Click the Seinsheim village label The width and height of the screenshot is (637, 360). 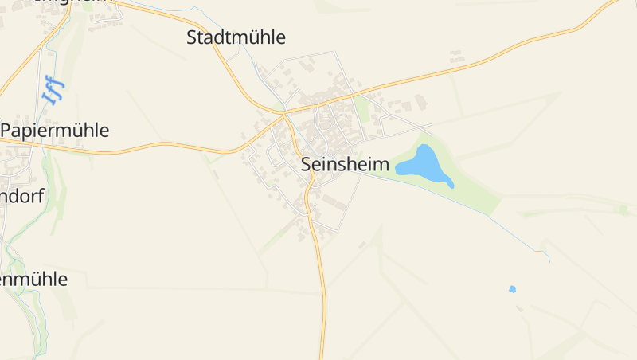[346, 165]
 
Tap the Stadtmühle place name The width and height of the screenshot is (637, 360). [236, 37]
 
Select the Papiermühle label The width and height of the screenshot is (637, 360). [55, 131]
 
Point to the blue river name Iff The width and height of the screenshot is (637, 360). [53, 90]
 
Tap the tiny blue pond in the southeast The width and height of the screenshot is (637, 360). [512, 288]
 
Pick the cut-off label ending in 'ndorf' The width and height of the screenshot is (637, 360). [21, 196]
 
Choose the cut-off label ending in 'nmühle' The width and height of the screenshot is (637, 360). [33, 280]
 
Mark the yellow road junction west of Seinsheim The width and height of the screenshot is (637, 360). [284, 116]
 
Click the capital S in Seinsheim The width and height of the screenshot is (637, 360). [307, 165]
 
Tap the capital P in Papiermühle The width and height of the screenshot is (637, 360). [6, 131]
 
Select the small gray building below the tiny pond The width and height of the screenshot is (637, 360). [519, 307]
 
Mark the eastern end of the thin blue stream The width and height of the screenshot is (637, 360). [549, 260]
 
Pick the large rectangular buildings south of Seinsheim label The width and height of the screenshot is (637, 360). [330, 203]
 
